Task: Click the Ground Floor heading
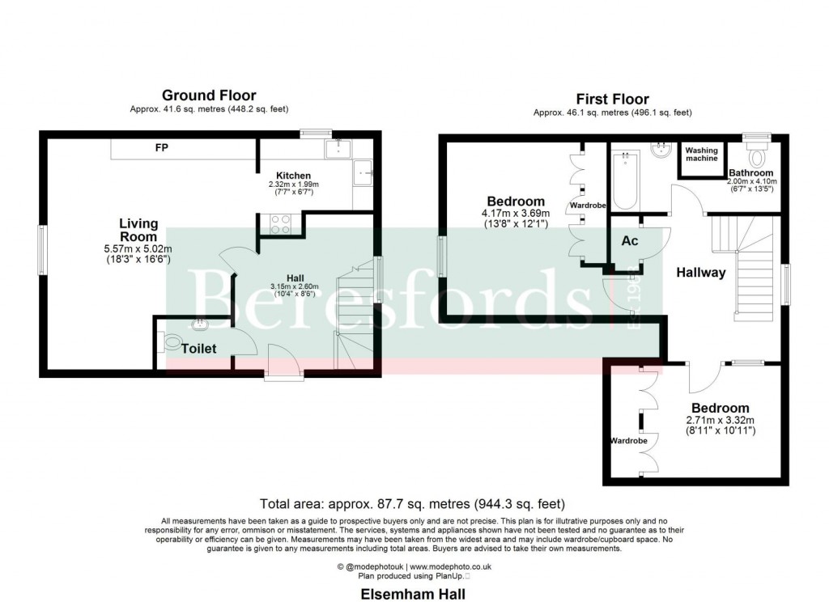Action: (x=209, y=95)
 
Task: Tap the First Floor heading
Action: (x=612, y=100)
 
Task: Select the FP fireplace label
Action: (x=162, y=148)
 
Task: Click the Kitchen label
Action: (x=293, y=176)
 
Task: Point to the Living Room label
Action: (x=138, y=230)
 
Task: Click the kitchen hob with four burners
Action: (x=279, y=223)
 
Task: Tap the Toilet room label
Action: (x=199, y=349)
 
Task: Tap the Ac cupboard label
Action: (x=629, y=241)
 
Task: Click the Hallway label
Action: (x=701, y=273)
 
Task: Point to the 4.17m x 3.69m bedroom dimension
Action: (x=516, y=214)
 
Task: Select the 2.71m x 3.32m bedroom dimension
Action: (x=720, y=421)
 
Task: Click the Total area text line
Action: (x=412, y=504)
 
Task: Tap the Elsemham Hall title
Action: (x=413, y=594)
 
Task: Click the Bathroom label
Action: (x=750, y=173)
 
